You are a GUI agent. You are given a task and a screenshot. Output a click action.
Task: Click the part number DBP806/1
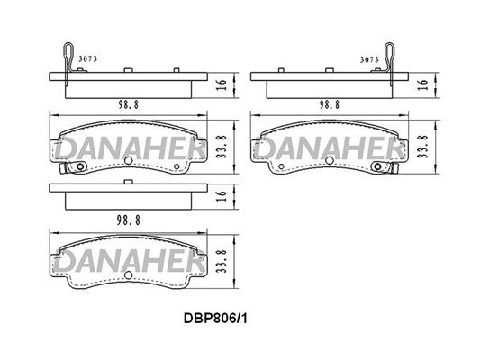click(215, 319)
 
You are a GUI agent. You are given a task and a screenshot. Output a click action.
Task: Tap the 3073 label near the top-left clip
click(88, 59)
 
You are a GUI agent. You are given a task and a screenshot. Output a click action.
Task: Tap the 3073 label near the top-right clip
click(369, 59)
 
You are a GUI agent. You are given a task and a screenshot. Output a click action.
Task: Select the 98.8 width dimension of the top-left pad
click(128, 105)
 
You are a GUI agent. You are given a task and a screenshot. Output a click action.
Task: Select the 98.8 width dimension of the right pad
click(330, 105)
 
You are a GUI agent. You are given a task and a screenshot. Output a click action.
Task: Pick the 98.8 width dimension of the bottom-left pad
click(128, 220)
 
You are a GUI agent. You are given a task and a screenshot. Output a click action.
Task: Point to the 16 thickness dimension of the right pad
click(423, 85)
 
